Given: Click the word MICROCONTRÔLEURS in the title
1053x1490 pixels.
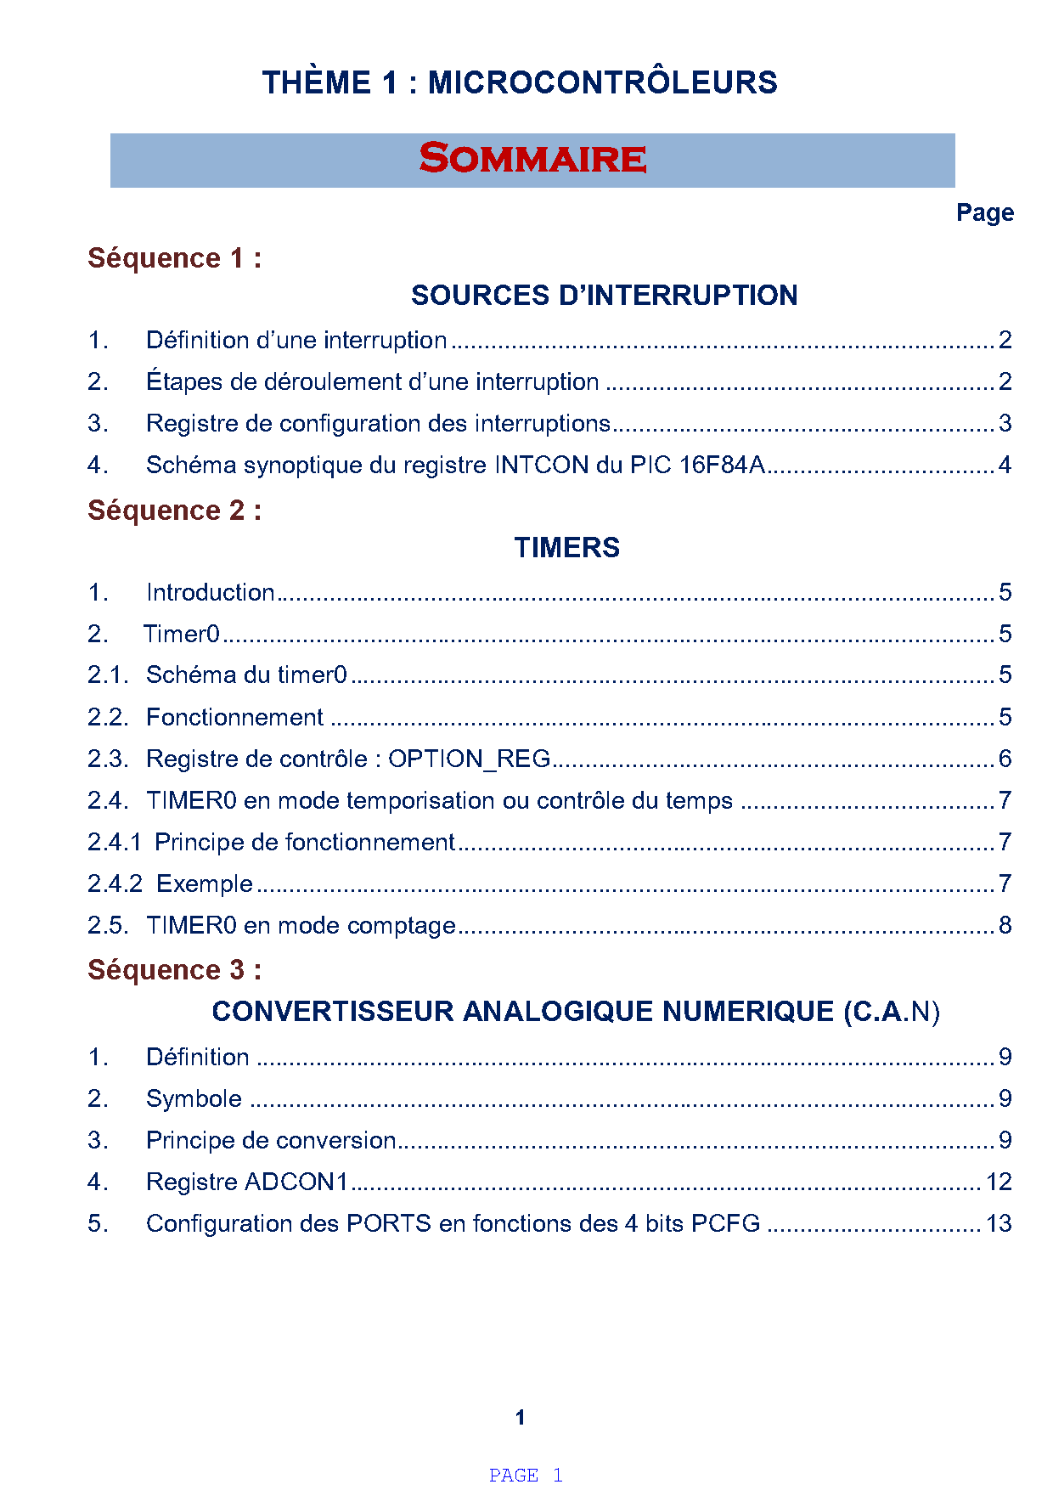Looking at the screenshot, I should pyautogui.click(x=602, y=82).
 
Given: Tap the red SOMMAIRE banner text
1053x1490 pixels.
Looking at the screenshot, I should pyautogui.click(x=532, y=159).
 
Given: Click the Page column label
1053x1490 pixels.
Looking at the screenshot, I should pyautogui.click(x=984, y=212).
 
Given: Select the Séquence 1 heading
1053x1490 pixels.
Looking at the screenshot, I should pyautogui.click(x=174, y=258).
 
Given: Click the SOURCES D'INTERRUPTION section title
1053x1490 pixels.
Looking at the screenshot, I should pyautogui.click(x=604, y=296).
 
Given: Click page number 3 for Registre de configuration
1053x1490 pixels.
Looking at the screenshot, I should pyautogui.click(x=1005, y=423).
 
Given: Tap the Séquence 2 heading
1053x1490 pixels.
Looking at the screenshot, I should pyautogui.click(x=174, y=511).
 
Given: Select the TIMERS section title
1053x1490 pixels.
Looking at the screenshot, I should pyautogui.click(x=566, y=548).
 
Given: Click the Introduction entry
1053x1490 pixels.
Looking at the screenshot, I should pyautogui.click(x=210, y=592).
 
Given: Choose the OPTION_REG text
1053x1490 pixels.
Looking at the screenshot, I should pyautogui.click(x=469, y=759).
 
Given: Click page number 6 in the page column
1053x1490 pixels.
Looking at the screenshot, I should pyautogui.click(x=1005, y=759).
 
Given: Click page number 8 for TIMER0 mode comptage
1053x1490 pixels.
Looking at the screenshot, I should pyautogui.click(x=1005, y=925).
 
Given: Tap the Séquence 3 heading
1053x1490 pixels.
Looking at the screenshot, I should pyautogui.click(x=174, y=970).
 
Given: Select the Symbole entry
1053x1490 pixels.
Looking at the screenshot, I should pyautogui.click(x=194, y=1098).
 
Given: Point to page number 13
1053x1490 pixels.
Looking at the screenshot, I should pyautogui.click(x=999, y=1223).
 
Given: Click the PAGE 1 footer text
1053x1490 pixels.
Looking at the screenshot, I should pyautogui.click(x=526, y=1475).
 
